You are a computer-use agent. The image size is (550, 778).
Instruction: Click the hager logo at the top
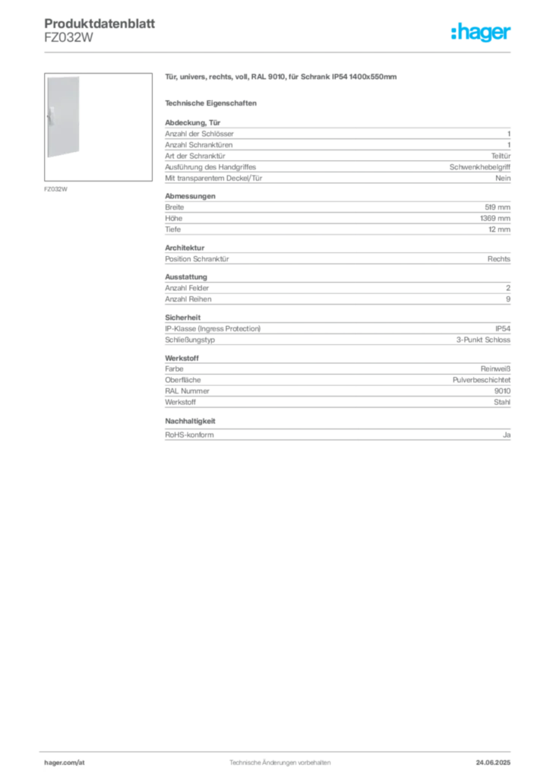(x=481, y=32)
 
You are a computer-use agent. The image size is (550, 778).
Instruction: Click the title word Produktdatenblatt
(x=100, y=24)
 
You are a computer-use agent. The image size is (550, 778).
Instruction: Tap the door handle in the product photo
(x=51, y=116)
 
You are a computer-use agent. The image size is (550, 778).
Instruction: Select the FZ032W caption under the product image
(x=55, y=189)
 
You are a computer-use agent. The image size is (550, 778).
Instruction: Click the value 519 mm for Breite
(x=498, y=207)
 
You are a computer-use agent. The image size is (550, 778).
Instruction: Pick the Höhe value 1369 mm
(x=495, y=218)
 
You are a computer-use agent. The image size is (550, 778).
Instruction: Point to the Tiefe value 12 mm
(x=499, y=229)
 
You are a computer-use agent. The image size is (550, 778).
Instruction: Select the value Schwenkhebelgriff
(x=480, y=167)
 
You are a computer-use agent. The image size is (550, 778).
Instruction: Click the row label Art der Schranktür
(x=195, y=156)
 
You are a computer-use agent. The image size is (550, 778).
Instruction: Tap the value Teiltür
(x=501, y=156)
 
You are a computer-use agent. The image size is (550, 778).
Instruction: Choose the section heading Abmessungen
(x=190, y=196)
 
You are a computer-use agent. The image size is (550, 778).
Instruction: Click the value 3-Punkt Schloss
(x=484, y=340)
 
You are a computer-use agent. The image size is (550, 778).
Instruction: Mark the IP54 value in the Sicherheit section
(x=503, y=328)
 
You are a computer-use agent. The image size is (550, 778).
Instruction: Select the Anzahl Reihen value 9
(x=508, y=299)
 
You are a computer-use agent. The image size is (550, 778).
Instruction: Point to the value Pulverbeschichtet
(x=482, y=380)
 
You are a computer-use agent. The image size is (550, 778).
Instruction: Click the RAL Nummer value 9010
(x=502, y=391)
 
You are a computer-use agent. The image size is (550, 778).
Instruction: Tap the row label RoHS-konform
(x=189, y=435)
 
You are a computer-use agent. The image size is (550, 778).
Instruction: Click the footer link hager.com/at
(x=65, y=763)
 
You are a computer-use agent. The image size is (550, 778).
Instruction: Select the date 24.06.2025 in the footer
(x=493, y=763)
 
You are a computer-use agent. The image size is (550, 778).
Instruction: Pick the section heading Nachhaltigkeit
(x=190, y=421)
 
